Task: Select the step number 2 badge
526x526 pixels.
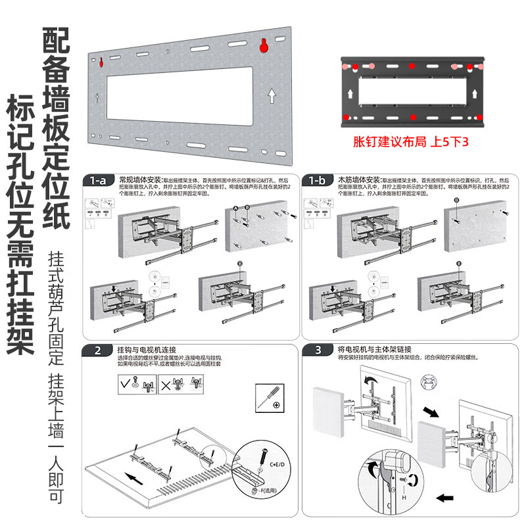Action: click(x=97, y=350)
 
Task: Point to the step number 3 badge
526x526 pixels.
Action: click(x=316, y=350)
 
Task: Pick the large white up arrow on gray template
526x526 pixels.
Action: click(x=271, y=97)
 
